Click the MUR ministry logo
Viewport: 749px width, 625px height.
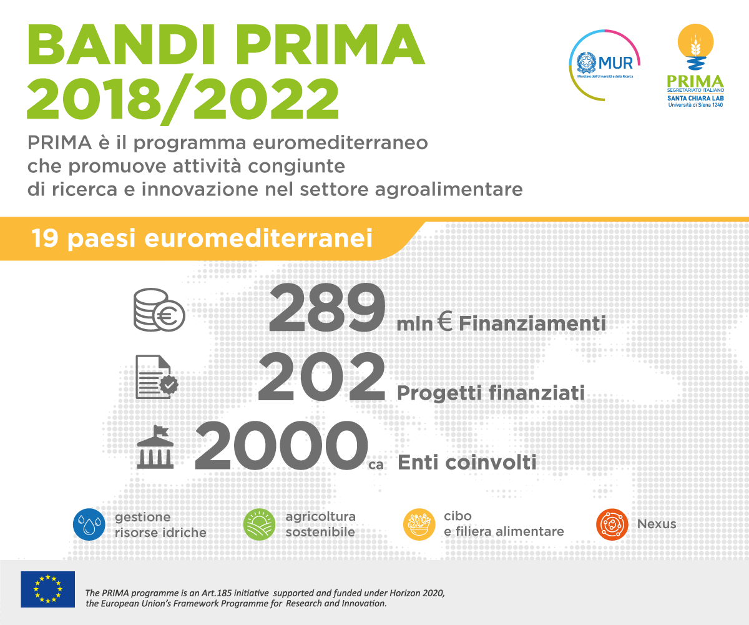[x=605, y=65]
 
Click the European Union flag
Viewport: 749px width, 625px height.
[x=47, y=589]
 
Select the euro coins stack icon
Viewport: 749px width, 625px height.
[x=159, y=310]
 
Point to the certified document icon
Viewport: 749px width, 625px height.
[x=157, y=376]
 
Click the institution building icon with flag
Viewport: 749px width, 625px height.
[x=155, y=447]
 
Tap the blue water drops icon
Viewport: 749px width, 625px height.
[x=89, y=524]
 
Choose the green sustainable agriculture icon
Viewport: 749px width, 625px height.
[x=260, y=524]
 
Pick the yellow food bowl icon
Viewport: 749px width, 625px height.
[x=419, y=524]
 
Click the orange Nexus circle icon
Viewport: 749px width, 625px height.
[x=612, y=524]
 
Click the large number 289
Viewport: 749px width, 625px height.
[x=327, y=308]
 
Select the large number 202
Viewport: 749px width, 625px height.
[x=321, y=376]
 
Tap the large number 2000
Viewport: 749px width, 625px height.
[x=281, y=445]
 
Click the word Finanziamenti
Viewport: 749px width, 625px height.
[x=532, y=323]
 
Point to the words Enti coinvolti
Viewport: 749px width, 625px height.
[x=467, y=462]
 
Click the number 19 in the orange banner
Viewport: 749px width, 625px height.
[x=45, y=238]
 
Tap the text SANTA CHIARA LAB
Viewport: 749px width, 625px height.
[x=695, y=98]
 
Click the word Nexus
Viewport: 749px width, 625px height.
[x=657, y=524]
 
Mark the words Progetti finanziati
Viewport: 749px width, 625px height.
[x=491, y=393]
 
